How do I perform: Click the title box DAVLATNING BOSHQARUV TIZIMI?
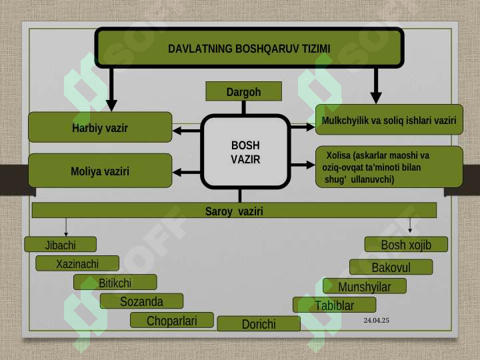(x=249, y=48)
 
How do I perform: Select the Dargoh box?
(x=244, y=91)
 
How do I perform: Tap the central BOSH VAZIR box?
(x=245, y=152)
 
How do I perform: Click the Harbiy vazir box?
(x=100, y=127)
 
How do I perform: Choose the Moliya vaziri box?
(x=100, y=171)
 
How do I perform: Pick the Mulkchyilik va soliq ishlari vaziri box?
(x=389, y=120)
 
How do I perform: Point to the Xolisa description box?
(x=389, y=167)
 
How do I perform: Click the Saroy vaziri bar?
(x=234, y=210)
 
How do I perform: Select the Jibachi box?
(x=60, y=244)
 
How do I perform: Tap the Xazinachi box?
(x=77, y=263)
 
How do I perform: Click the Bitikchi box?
(x=115, y=282)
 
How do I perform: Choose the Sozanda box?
(x=142, y=301)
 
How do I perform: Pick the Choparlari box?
(x=172, y=320)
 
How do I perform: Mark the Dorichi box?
(x=259, y=323)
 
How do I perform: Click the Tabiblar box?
(x=334, y=305)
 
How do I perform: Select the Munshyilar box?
(x=365, y=286)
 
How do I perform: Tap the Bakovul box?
(x=391, y=267)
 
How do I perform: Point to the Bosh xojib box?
(x=406, y=244)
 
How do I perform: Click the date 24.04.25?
(x=376, y=320)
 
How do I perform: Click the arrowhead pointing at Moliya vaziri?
(x=177, y=173)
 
